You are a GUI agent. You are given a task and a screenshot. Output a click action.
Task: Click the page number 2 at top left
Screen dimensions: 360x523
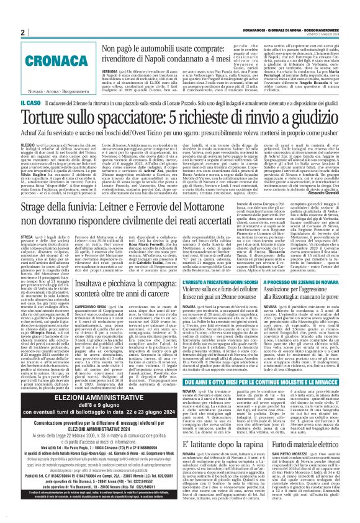(23, 32)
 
